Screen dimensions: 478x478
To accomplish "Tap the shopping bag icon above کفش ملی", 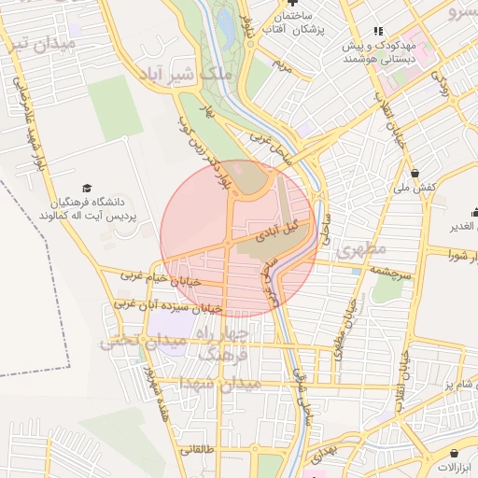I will point(415,172).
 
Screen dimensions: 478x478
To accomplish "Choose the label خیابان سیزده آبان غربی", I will point(168,304).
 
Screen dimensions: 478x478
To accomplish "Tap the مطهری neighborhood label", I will point(360,251).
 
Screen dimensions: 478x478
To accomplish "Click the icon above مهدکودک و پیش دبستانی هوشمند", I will point(378,31).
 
